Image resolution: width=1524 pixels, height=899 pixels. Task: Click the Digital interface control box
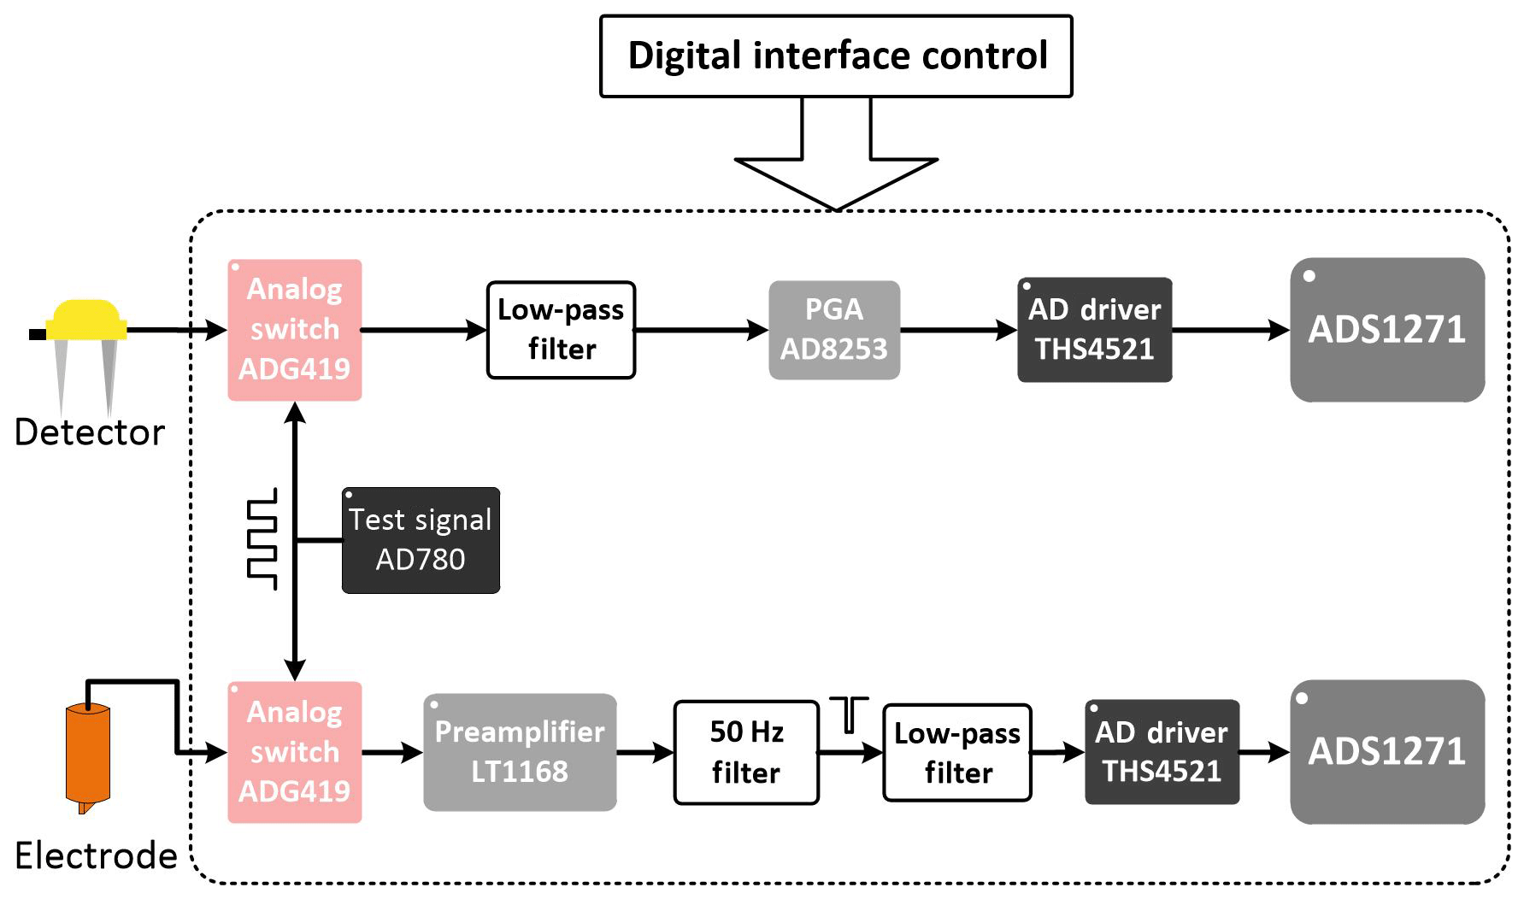[x=836, y=56]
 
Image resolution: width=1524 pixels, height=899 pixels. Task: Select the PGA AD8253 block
[x=834, y=330]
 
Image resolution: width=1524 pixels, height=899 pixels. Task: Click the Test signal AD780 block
[x=421, y=540]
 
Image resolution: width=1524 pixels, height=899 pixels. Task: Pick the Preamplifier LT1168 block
[x=520, y=752]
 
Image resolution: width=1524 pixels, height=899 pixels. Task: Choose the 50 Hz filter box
[x=746, y=752]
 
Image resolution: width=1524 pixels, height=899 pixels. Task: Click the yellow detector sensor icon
[x=85, y=320]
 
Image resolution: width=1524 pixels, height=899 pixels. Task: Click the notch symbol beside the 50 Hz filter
[x=849, y=714]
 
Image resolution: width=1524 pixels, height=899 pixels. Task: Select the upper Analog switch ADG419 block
[x=295, y=330]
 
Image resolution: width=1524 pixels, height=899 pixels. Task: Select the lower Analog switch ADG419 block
[x=295, y=752]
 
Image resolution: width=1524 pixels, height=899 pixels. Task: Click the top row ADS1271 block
[x=1386, y=330]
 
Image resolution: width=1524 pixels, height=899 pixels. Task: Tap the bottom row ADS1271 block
[x=1386, y=752]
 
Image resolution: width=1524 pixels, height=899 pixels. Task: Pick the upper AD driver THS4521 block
[x=1094, y=330]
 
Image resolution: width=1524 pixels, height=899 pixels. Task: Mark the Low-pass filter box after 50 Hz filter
[x=957, y=752]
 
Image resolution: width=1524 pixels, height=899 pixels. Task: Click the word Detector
[x=90, y=432]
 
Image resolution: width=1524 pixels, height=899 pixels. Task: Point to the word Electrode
[x=96, y=855]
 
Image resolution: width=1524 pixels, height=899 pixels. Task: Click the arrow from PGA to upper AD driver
[x=958, y=330]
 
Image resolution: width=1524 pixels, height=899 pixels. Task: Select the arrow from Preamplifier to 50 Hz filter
[x=645, y=753]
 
